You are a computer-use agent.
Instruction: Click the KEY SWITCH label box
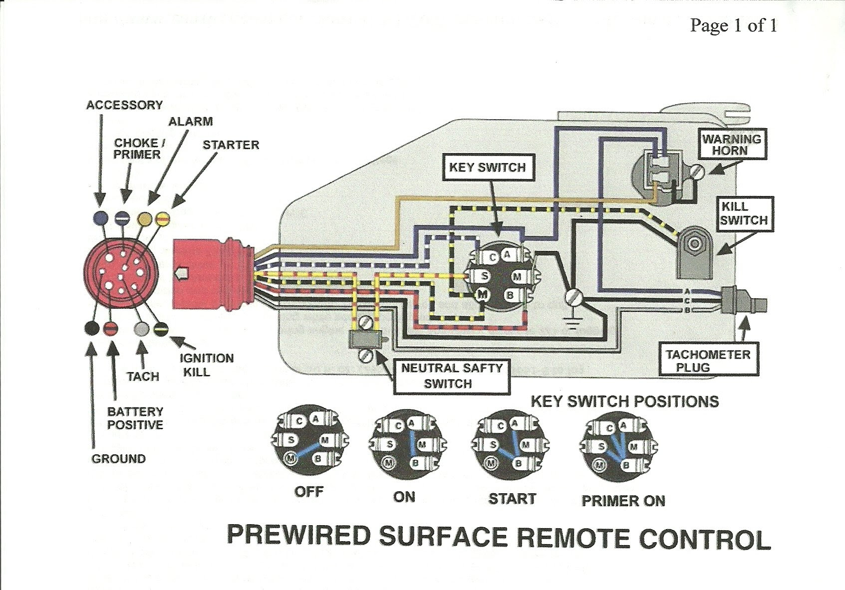[487, 168]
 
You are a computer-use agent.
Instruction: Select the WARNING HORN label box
[732, 145]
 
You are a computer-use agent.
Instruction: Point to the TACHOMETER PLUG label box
[708, 361]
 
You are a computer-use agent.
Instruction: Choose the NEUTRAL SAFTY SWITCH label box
[452, 376]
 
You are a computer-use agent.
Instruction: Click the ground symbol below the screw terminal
[573, 323]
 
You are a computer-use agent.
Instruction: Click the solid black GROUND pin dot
[91, 328]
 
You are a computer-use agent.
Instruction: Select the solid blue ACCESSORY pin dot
[101, 217]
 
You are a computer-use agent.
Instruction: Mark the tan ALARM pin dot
[145, 218]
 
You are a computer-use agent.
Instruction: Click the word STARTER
[231, 145]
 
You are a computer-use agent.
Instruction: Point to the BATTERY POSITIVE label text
[135, 418]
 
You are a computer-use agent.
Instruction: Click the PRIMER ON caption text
[623, 501]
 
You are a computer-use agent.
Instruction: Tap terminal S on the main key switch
[484, 277]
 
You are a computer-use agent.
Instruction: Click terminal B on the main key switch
[510, 295]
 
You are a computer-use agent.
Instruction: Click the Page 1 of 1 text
[733, 25]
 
